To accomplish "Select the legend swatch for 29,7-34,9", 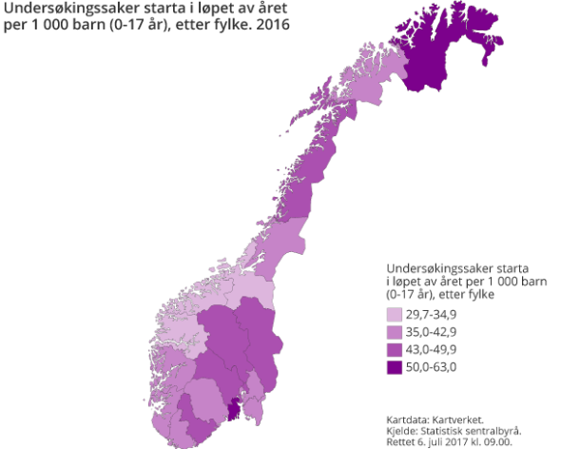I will (395, 315).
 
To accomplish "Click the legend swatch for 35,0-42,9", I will (395, 332).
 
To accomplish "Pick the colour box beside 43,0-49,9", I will (395, 349).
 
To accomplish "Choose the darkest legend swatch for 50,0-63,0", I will (395, 366).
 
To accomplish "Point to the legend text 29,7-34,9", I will (432, 315).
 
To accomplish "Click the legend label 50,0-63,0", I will (432, 366).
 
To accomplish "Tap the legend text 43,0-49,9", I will (432, 349).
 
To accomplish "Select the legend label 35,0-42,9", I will (432, 332).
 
